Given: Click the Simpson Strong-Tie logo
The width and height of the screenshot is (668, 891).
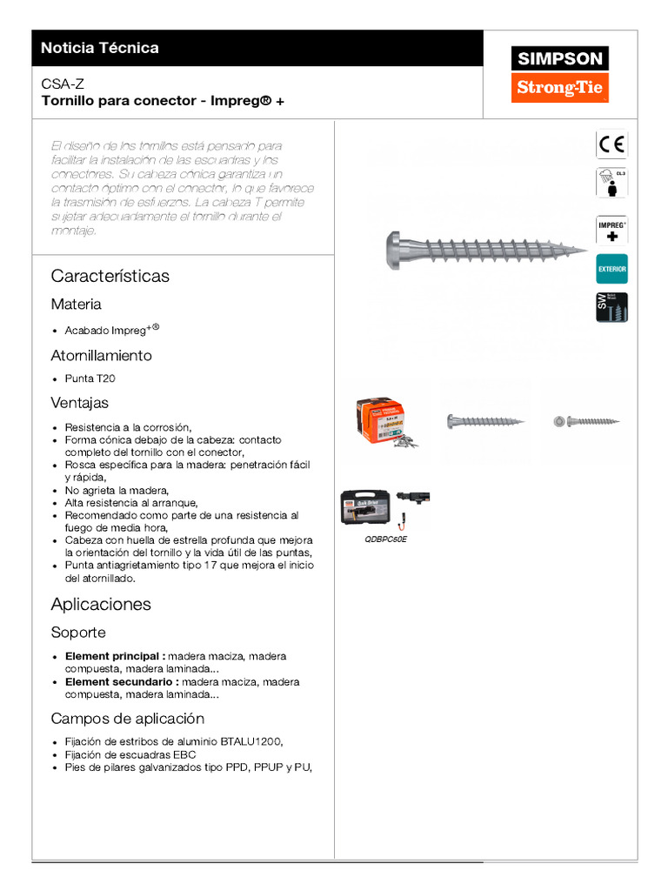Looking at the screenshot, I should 560,74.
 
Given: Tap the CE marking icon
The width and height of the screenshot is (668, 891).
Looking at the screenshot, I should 611,144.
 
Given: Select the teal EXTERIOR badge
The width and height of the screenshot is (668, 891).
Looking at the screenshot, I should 611,270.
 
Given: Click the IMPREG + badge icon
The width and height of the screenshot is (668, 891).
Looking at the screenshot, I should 611,230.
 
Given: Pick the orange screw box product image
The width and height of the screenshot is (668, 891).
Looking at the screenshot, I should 382,422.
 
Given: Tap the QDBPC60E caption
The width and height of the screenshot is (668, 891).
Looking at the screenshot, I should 385,539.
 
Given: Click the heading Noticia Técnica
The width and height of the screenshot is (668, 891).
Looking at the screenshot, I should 100,48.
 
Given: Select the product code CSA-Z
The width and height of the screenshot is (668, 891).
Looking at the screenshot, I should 63,84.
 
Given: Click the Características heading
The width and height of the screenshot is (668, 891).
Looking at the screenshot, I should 110,276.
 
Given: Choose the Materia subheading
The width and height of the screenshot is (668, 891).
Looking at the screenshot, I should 76,305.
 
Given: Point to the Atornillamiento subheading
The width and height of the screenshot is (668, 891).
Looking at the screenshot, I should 101,355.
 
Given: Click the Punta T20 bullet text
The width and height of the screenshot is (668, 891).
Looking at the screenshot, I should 90,379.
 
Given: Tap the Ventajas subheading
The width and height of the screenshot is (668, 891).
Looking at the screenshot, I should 79,403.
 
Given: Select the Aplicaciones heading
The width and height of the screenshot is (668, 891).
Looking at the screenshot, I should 101,604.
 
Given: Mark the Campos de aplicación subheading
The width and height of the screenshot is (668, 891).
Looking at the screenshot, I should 128,719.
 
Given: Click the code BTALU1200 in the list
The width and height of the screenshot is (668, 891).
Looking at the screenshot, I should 250,741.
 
